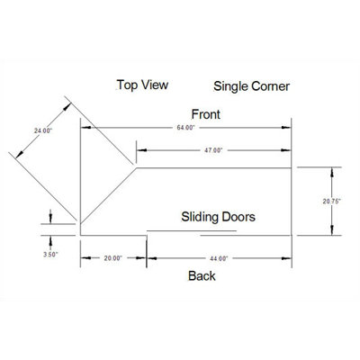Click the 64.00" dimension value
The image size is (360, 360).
point(185,128)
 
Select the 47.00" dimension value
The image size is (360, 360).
point(213,150)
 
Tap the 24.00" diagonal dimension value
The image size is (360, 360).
point(43,130)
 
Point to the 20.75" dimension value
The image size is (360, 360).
point(332,202)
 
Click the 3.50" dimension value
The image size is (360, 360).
point(50,255)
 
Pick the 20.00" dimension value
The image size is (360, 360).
point(113,258)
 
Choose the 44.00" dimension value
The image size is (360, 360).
point(219,258)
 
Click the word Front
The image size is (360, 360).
point(206,114)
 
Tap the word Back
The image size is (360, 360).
point(202,275)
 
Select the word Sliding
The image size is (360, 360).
point(199,217)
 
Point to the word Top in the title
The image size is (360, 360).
point(127,85)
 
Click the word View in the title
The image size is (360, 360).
point(155,85)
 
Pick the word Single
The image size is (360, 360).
point(230,86)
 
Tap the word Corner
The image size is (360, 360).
point(271,86)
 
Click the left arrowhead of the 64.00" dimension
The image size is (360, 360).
point(85,128)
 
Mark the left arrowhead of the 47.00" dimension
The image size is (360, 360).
point(141,150)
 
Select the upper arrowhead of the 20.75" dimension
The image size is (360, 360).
point(332,172)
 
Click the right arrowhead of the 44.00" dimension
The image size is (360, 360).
point(286,258)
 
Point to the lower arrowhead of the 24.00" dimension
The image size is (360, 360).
point(20,154)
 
